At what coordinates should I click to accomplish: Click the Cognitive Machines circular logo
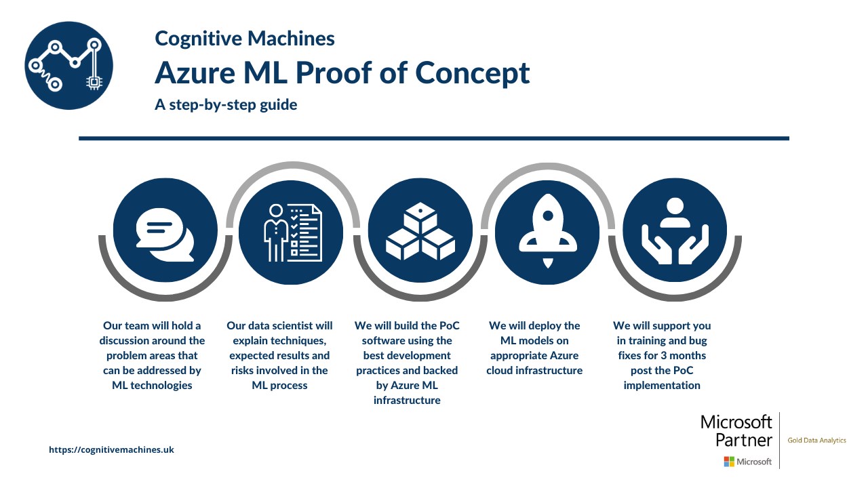[x=68, y=66]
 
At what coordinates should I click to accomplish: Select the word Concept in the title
[x=473, y=74]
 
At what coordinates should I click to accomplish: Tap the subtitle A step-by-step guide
[x=226, y=104]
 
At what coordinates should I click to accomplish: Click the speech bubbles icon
[x=165, y=235]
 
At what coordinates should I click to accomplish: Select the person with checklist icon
[x=292, y=232]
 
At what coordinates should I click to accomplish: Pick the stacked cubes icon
[x=420, y=231]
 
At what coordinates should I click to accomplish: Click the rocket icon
[x=547, y=231]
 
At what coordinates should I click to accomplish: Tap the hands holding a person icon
[x=675, y=231]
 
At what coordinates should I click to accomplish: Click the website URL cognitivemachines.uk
[x=111, y=449]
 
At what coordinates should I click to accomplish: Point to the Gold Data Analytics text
[x=816, y=441]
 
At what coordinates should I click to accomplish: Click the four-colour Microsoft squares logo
[x=729, y=462]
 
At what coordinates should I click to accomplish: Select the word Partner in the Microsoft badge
[x=744, y=441]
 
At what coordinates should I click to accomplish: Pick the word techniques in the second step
[x=279, y=341]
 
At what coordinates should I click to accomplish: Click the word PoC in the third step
[x=449, y=326]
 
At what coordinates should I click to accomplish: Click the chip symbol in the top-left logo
[x=94, y=83]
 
